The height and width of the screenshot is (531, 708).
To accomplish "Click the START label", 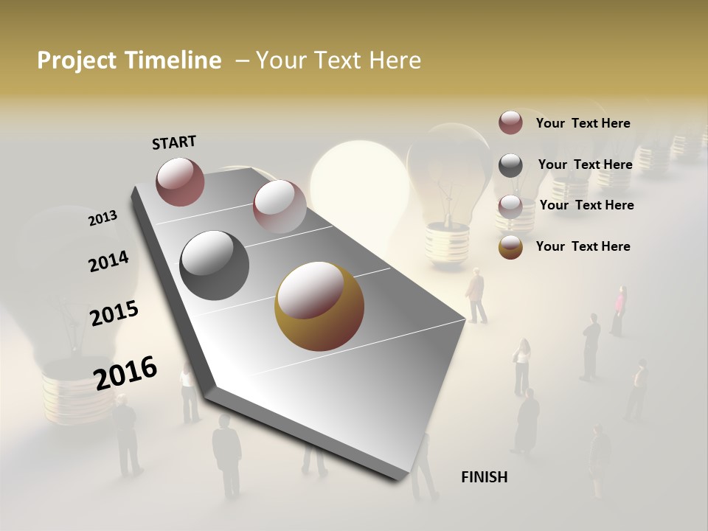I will click(174, 142).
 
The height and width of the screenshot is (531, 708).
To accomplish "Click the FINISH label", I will click(484, 477).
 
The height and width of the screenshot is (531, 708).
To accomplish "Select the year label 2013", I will click(103, 218).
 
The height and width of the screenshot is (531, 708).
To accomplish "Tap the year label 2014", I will click(108, 261).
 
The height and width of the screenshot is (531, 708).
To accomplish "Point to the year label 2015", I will click(114, 313).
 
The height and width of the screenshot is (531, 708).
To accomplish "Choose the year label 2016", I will click(125, 372).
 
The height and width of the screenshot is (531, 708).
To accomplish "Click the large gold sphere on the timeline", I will click(319, 306).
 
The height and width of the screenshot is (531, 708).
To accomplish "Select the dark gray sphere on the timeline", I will click(215, 265).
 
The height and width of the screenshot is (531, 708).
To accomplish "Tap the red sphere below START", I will click(180, 181).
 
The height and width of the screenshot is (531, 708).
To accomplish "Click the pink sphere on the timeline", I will click(280, 206).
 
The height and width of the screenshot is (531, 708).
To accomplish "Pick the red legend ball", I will click(510, 122).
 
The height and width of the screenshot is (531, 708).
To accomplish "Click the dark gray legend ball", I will click(510, 165).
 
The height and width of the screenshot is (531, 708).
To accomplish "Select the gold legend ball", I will click(510, 247).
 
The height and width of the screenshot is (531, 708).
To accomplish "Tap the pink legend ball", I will click(510, 206).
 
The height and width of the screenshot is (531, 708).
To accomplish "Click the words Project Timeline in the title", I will click(129, 60).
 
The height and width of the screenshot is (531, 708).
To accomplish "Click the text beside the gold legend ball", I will click(583, 246).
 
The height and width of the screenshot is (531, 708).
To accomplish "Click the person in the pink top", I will click(619, 310).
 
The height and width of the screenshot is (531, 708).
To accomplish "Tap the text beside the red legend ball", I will click(583, 123).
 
